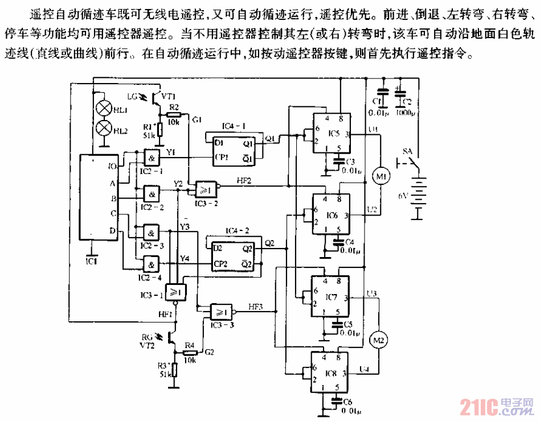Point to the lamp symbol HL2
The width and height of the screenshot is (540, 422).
[104, 129]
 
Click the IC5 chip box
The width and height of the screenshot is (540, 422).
[330, 134]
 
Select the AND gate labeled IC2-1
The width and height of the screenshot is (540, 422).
[151, 156]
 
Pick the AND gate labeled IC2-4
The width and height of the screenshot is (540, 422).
[151, 264]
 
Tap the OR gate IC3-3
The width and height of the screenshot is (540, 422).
[221, 312]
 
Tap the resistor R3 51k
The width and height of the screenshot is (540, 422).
[175, 370]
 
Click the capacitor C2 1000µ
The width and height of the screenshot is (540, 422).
[400, 94]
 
